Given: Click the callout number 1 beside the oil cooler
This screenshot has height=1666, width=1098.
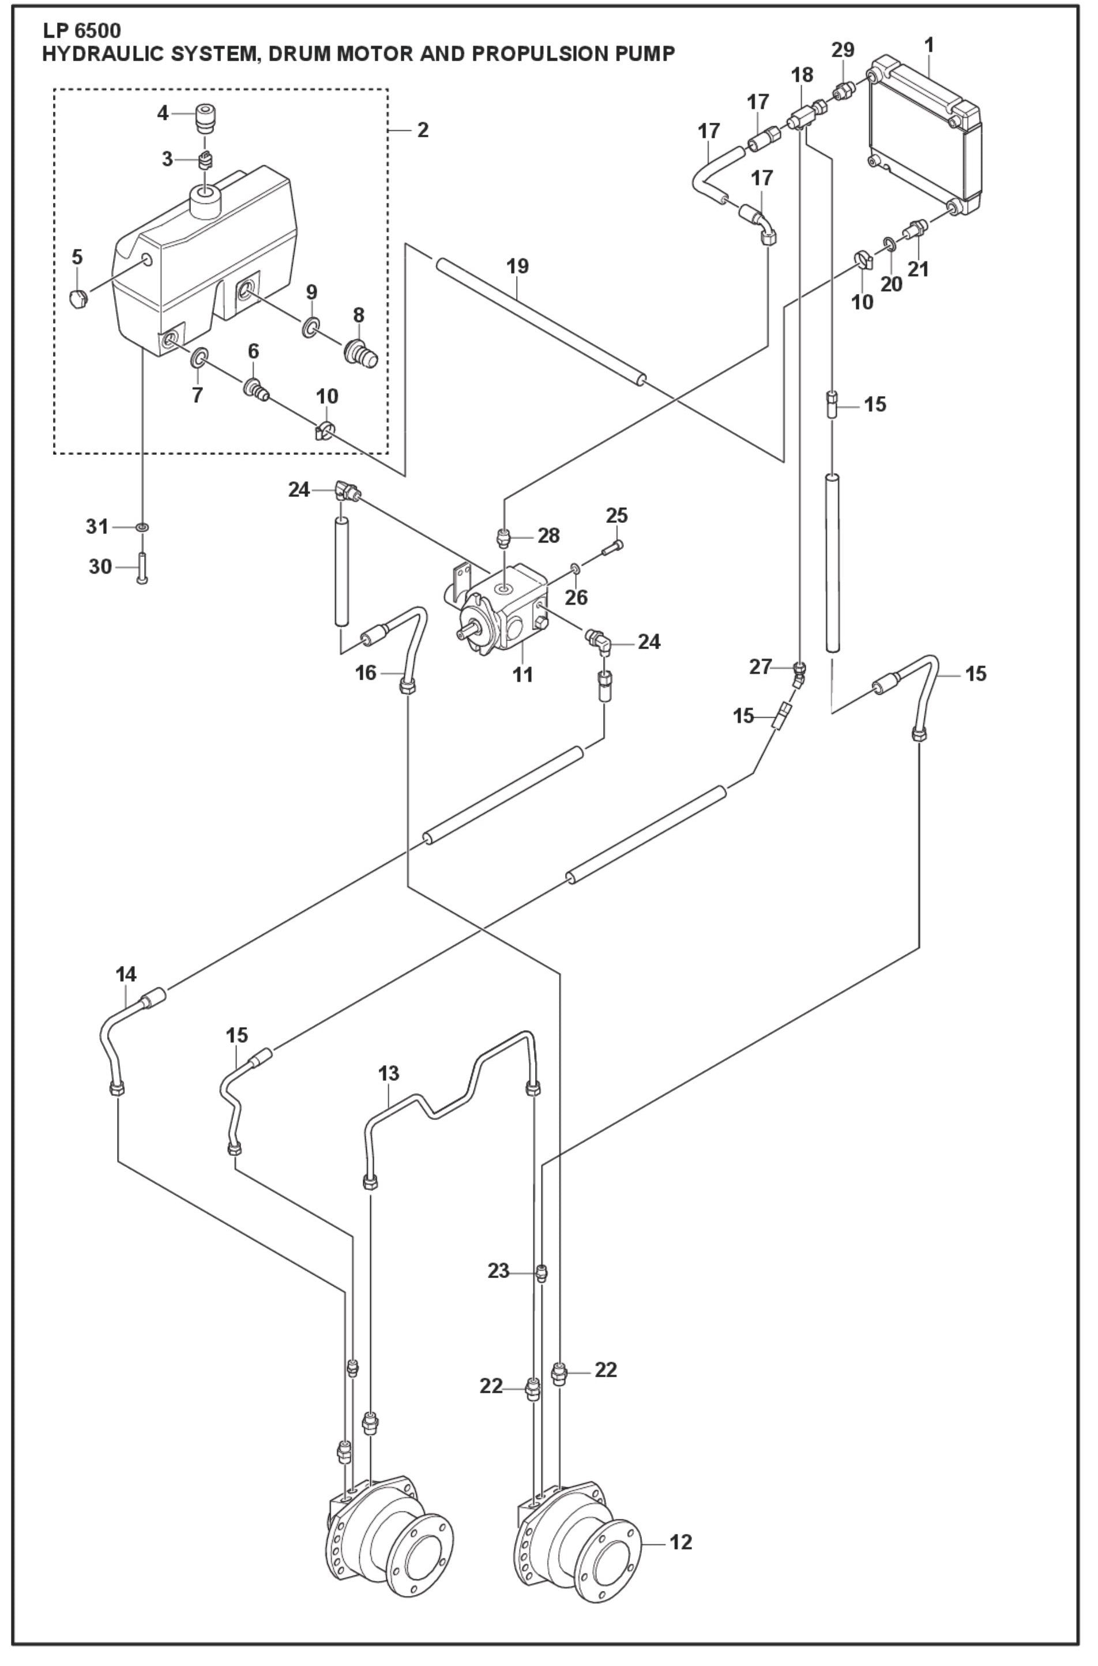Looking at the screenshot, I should [x=928, y=46].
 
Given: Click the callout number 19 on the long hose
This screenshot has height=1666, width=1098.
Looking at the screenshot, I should [x=519, y=267].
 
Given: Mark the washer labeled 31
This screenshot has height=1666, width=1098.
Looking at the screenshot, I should [x=142, y=526].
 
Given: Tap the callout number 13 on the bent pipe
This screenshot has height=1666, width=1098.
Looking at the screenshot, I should [x=389, y=1073].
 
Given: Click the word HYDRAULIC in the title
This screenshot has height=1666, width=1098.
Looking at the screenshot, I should [x=91, y=54].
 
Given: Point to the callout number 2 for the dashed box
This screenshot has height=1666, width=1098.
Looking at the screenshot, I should [x=423, y=130].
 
